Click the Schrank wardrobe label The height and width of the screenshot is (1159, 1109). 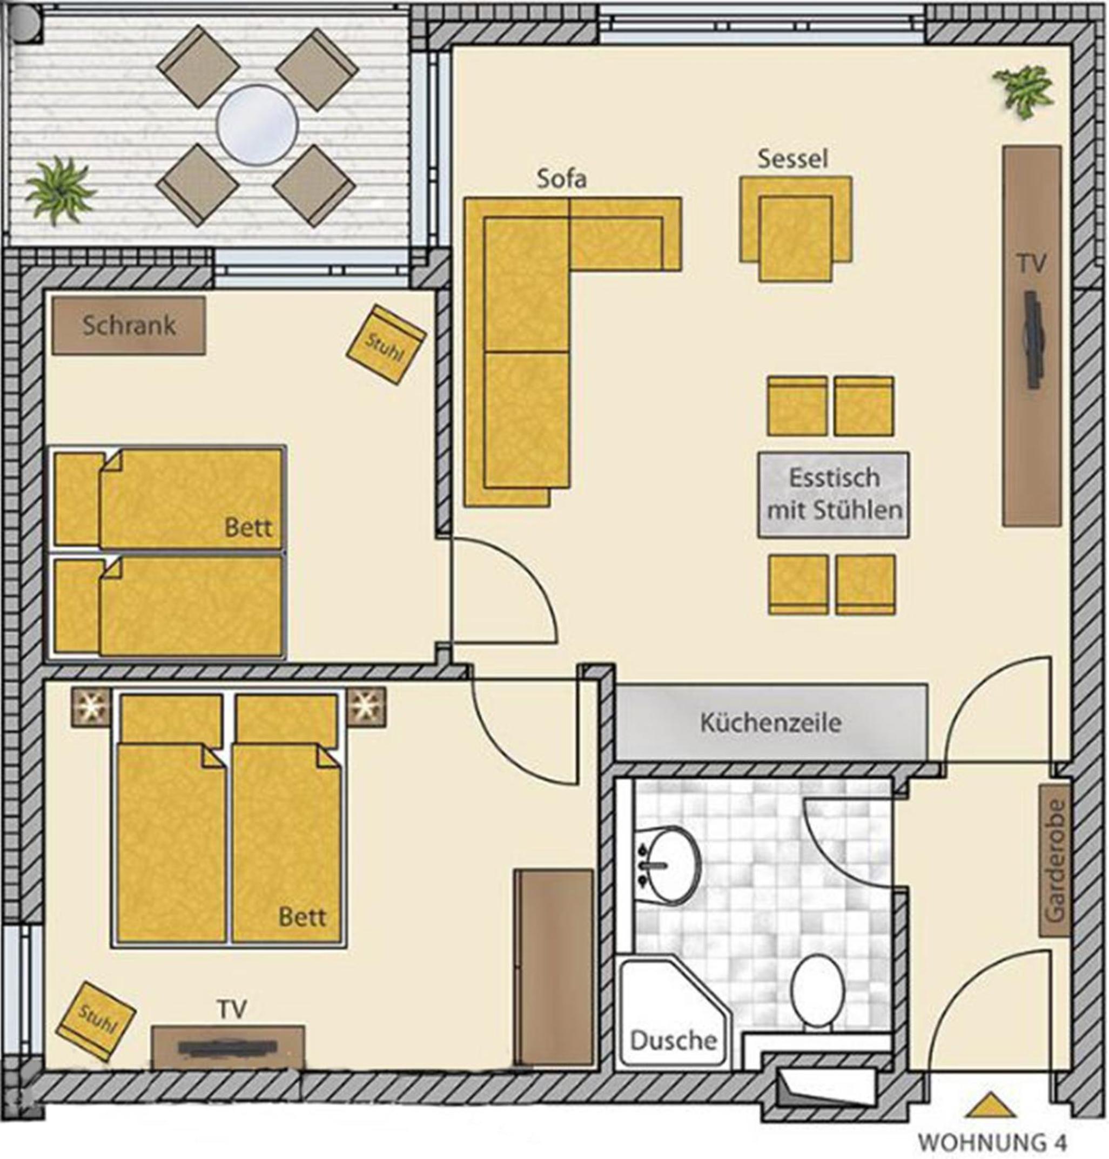coord(129,326)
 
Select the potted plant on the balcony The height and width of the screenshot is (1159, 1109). coord(61,190)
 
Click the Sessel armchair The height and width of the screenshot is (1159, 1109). coord(796,228)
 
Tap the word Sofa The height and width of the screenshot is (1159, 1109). coord(561,178)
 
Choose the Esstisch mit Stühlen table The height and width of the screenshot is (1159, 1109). coord(834,495)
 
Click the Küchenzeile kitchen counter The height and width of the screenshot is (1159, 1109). coord(771,722)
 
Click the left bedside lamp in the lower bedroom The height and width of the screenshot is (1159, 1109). coord(90,706)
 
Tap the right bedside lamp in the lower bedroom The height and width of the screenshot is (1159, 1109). coord(366,706)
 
